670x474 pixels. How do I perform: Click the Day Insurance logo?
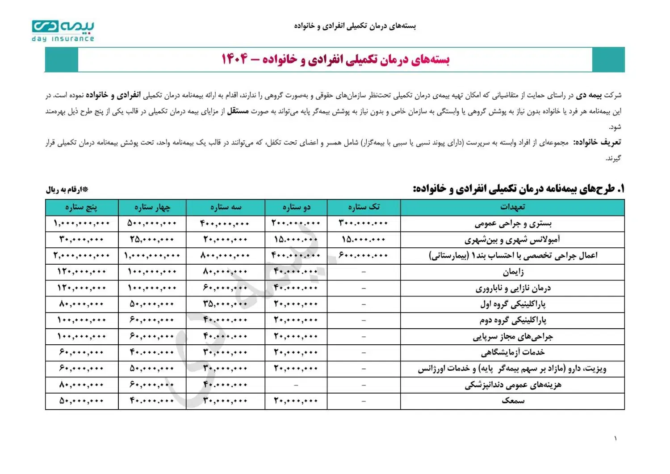pyautogui.click(x=63, y=31)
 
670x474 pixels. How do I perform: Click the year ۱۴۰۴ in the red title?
pyautogui.click(x=234, y=59)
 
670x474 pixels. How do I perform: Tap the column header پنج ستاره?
pyautogui.click(x=81, y=207)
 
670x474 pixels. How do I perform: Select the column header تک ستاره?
pyautogui.click(x=364, y=207)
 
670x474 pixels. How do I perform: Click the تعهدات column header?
pyautogui.click(x=512, y=207)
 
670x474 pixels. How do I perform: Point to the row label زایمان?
pyautogui.click(x=513, y=272)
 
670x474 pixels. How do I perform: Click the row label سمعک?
pyautogui.click(x=513, y=401)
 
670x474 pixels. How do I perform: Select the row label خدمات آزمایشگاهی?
pyautogui.click(x=513, y=352)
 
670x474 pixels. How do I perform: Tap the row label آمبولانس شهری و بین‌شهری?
pyautogui.click(x=512, y=240)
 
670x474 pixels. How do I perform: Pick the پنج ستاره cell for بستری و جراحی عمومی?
pyautogui.click(x=81, y=224)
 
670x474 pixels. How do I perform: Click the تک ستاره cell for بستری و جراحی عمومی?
pyautogui.click(x=364, y=224)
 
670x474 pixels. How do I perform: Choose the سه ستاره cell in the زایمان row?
pyautogui.click(x=225, y=272)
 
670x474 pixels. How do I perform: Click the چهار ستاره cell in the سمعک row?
pyautogui.click(x=152, y=401)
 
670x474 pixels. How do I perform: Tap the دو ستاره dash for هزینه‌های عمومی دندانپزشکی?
pyautogui.click(x=296, y=385)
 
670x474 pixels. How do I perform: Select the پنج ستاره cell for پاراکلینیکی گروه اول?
pyautogui.click(x=81, y=304)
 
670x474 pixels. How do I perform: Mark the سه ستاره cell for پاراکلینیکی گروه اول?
pyautogui.click(x=225, y=304)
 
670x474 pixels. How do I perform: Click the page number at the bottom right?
pyautogui.click(x=615, y=438)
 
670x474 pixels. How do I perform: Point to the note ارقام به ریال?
pyautogui.click(x=67, y=190)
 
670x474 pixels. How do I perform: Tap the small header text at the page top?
pyautogui.click(x=355, y=26)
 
